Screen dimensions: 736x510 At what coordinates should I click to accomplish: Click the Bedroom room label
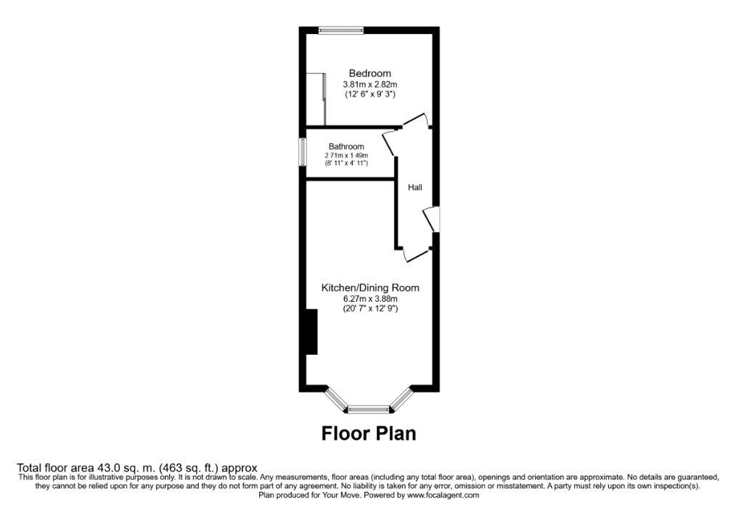coord(370,73)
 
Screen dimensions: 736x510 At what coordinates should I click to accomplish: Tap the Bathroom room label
coord(346,147)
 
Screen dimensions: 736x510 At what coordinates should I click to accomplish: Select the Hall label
coord(415,188)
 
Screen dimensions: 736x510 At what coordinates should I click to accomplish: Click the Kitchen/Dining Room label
coord(370,287)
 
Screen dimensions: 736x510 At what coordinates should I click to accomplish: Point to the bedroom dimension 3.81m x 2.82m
coord(370,84)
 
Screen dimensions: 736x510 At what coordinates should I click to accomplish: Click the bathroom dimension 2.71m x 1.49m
coord(346,155)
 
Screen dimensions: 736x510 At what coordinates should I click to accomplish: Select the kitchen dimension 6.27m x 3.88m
coord(370,299)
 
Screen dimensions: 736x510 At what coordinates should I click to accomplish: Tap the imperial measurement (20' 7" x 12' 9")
coord(370,308)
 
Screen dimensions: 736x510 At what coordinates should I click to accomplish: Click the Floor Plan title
coord(369,433)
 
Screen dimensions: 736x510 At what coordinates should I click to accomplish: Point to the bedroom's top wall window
coord(341,30)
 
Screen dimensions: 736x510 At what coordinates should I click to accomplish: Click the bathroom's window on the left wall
coord(303,151)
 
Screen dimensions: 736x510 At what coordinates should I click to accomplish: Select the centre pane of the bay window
coord(369,410)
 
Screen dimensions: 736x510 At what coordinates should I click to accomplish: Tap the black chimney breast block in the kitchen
coord(311,332)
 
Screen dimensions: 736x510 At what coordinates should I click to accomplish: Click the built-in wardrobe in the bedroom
coord(316,99)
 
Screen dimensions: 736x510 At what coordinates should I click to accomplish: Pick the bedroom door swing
coord(415,120)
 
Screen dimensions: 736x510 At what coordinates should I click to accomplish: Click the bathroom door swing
coord(390,143)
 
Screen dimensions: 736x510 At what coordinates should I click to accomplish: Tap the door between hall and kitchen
coord(416,254)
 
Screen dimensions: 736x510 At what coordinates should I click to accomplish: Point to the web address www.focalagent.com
coord(443,495)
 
